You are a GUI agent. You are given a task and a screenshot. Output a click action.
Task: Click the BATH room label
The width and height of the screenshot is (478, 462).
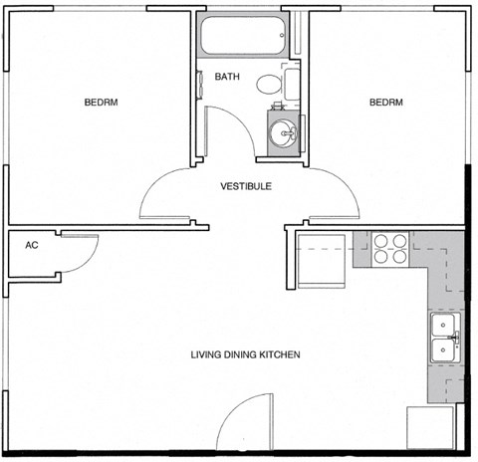(228, 76)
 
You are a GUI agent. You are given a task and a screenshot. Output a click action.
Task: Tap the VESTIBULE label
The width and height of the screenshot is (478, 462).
(246, 186)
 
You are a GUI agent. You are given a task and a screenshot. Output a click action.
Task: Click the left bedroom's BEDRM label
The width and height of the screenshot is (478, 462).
(102, 103)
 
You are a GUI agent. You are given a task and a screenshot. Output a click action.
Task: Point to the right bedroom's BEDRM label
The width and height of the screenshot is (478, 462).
(386, 103)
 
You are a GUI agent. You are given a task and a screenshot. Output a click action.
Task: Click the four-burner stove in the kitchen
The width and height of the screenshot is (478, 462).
(390, 248)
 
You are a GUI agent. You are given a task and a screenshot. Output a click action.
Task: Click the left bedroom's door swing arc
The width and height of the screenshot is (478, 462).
(164, 194)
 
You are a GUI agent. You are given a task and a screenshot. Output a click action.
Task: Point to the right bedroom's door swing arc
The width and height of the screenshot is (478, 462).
(334, 194)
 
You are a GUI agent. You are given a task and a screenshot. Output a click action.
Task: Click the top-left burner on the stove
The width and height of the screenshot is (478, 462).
(381, 240)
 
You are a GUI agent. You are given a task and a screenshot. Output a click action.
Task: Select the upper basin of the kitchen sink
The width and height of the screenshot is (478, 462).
(442, 326)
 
